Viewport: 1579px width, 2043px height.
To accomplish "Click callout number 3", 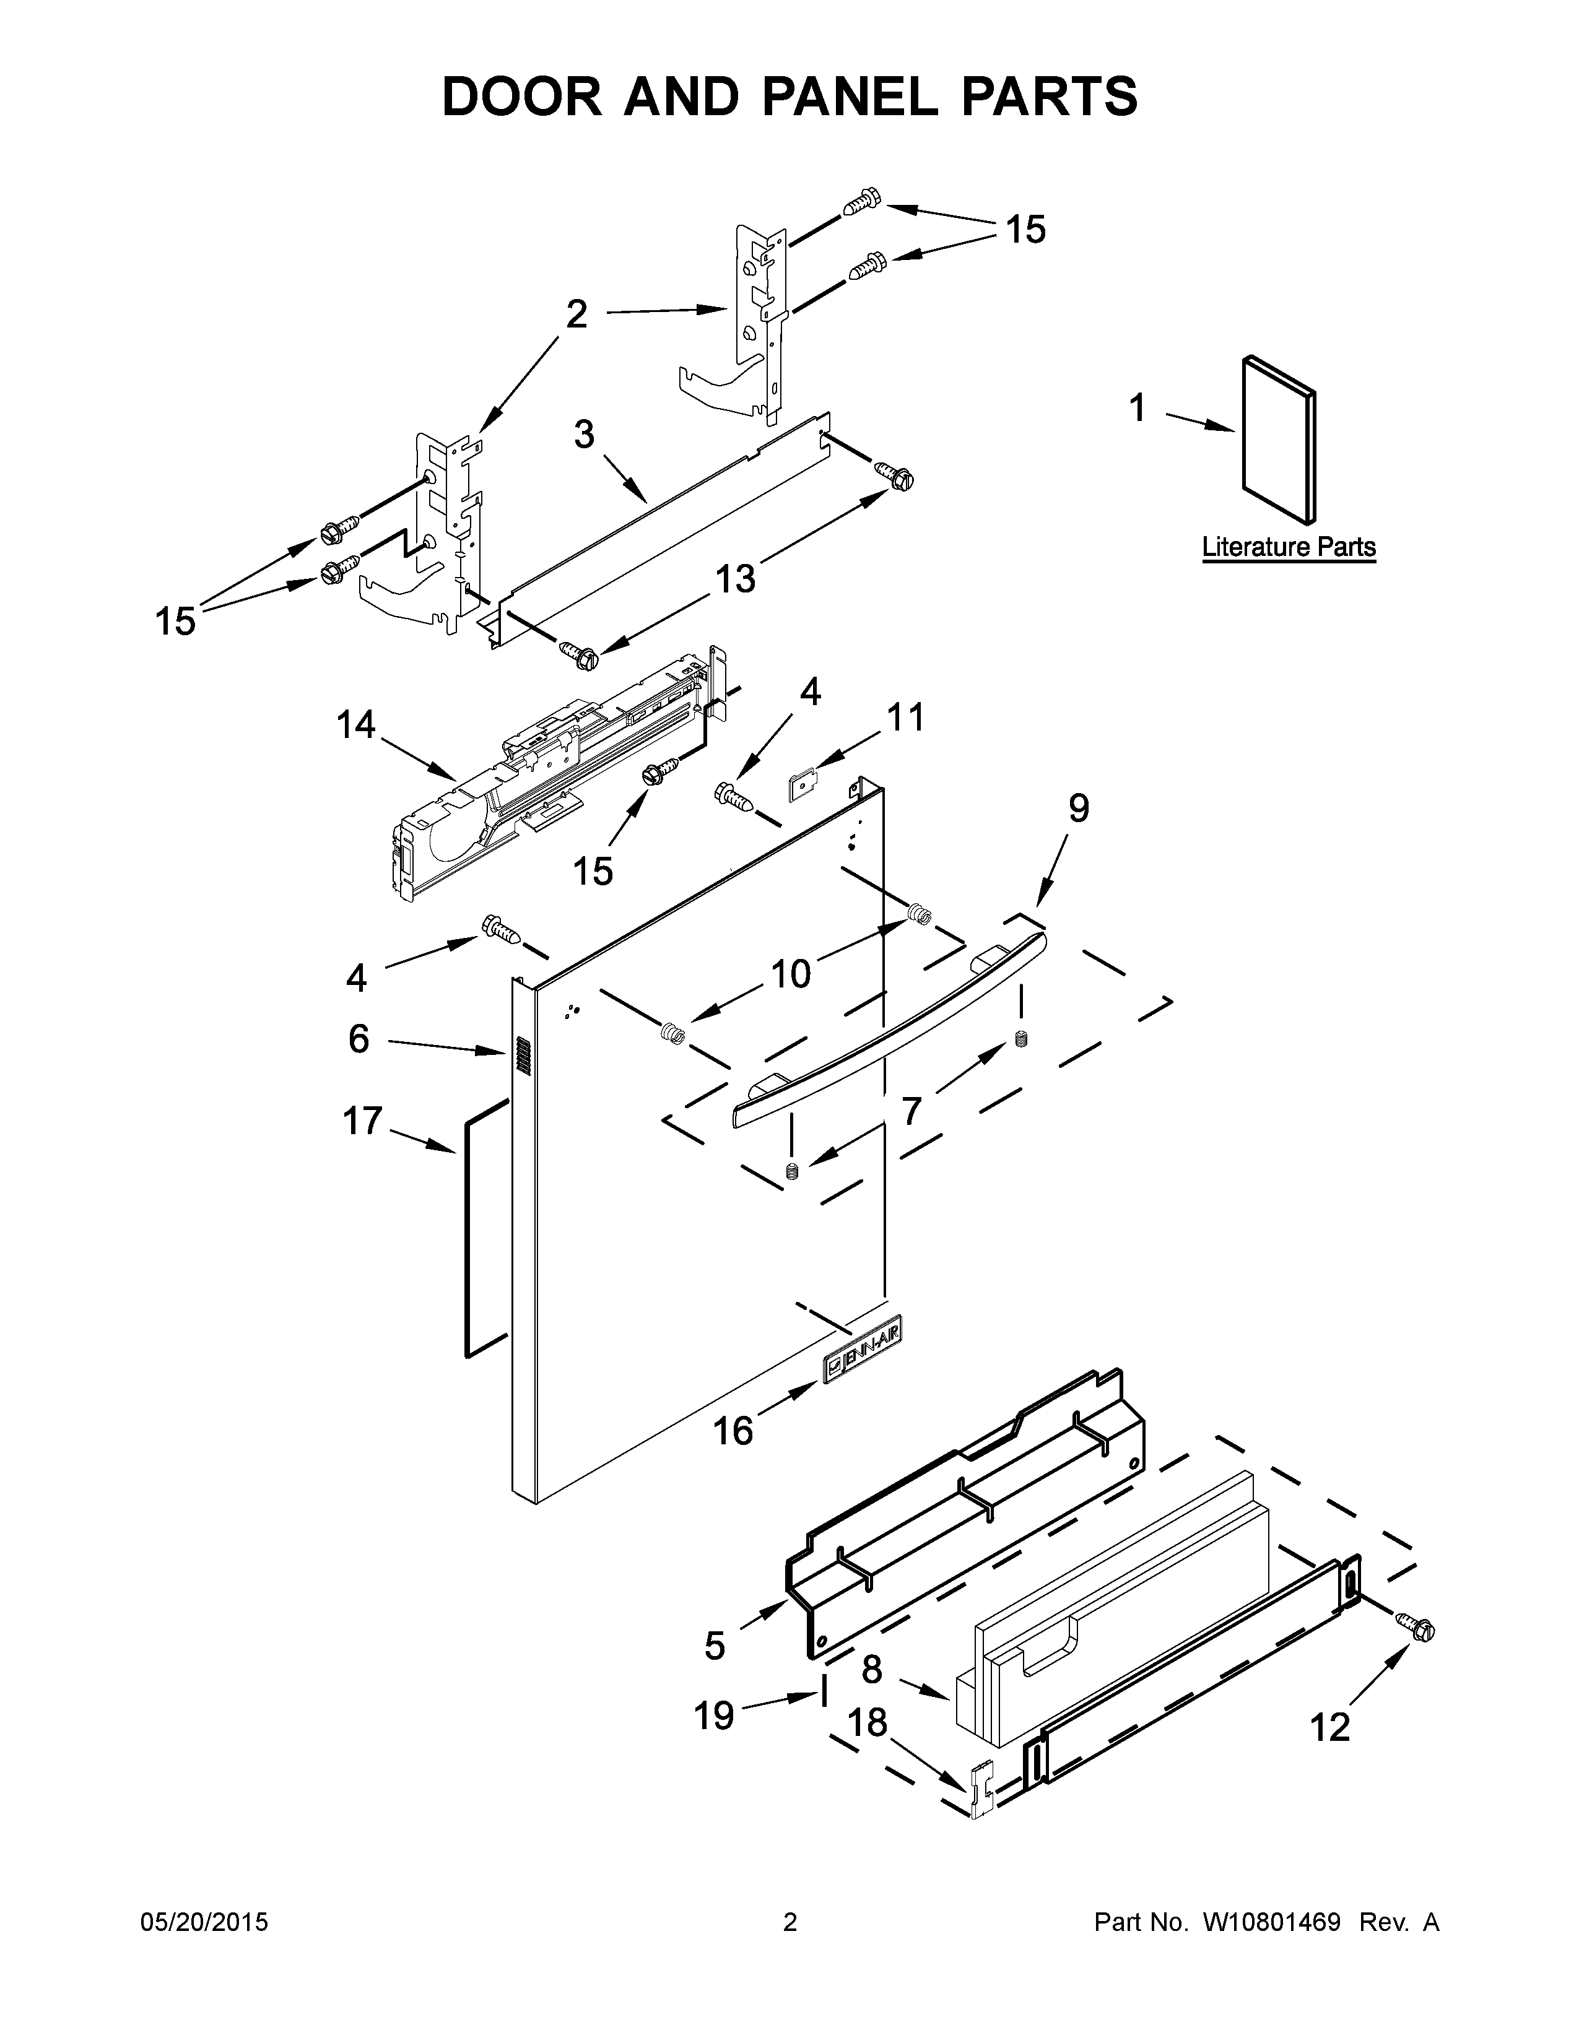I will pos(584,435).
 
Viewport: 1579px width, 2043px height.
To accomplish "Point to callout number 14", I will pos(357,724).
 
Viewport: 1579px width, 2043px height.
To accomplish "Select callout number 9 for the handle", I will pos(1079,808).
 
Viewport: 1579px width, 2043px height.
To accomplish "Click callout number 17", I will pos(363,1120).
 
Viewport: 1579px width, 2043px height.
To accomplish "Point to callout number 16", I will pos(733,1430).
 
